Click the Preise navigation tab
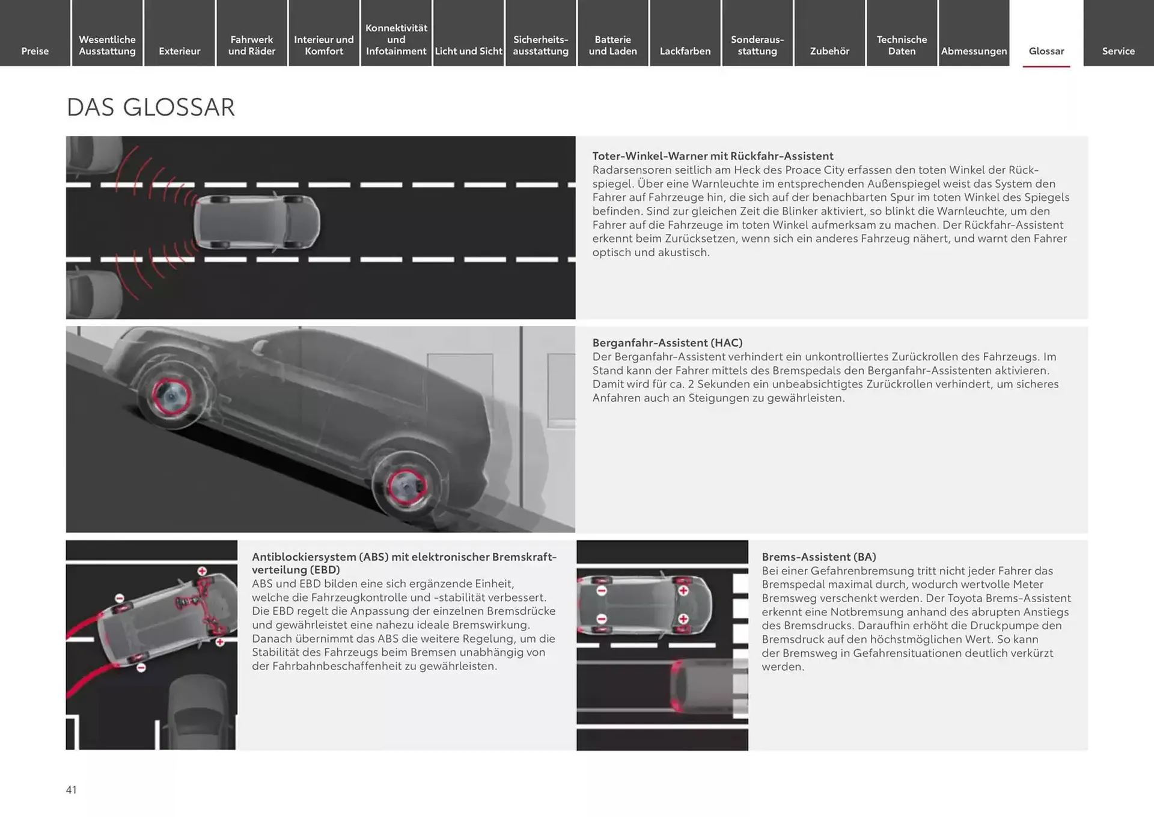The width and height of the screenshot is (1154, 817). (35, 51)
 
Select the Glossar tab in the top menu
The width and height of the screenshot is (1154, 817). (1046, 51)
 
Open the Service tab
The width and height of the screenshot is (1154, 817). (1118, 51)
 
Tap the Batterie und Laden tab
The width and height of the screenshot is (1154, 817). (612, 45)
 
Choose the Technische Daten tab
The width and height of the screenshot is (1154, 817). (902, 45)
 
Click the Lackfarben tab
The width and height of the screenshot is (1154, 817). (685, 51)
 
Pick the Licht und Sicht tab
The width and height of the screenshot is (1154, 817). (468, 51)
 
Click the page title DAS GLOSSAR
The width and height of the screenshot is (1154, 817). (150, 108)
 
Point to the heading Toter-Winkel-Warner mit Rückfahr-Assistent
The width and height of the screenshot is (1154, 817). (713, 156)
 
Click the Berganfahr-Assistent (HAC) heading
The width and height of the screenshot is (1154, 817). (667, 342)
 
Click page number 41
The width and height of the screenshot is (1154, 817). (71, 790)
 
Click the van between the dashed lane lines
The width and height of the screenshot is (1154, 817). (257, 222)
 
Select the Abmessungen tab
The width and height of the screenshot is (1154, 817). (974, 51)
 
